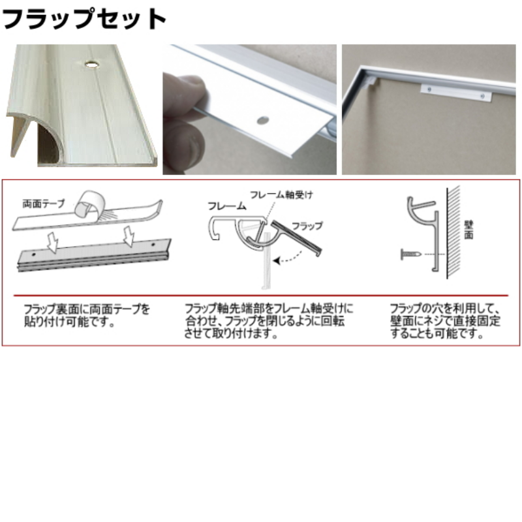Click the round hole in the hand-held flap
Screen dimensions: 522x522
click(262, 120)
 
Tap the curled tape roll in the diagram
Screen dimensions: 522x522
click(89, 204)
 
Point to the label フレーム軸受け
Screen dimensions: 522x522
click(280, 193)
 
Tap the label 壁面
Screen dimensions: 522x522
click(468, 229)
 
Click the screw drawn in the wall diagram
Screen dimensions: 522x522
click(408, 253)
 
